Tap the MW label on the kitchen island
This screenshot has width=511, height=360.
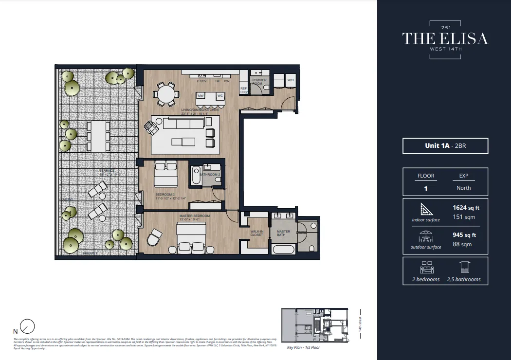point(201,96)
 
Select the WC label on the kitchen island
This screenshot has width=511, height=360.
point(220,96)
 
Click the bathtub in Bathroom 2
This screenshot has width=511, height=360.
point(196,176)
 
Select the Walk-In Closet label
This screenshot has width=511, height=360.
point(256,233)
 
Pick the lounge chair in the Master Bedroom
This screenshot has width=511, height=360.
point(154,238)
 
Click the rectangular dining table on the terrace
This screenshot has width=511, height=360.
point(98,136)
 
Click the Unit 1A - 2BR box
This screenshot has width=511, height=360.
point(445,146)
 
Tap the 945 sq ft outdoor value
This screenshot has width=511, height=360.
point(464,235)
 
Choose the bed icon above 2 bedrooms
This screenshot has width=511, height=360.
point(426,267)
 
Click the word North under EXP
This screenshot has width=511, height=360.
point(463,188)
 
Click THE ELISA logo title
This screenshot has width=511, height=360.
point(444,38)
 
